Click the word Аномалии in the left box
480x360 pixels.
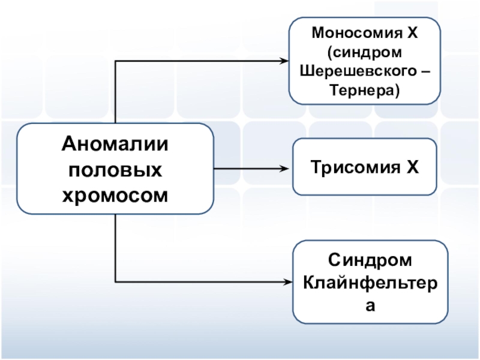coord(115,144)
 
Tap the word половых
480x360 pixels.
coord(115,170)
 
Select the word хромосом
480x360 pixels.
coord(115,196)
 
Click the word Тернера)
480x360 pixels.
coord(365,91)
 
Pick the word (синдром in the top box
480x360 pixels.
coord(365,52)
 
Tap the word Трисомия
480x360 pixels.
coord(355,167)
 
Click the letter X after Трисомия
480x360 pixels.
coord(412,167)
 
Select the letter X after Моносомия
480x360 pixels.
coord(412,32)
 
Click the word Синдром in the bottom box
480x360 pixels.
coord(370,260)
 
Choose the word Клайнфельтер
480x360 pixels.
coord(370,283)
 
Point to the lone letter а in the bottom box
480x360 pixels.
coord(370,305)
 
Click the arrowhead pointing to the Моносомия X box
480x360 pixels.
coord(284,61)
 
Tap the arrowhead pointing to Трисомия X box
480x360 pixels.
coord(284,169)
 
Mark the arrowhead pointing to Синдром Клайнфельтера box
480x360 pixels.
coord(288,282)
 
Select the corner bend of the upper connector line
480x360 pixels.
coord(115,61)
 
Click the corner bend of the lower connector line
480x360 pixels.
coord(115,281)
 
